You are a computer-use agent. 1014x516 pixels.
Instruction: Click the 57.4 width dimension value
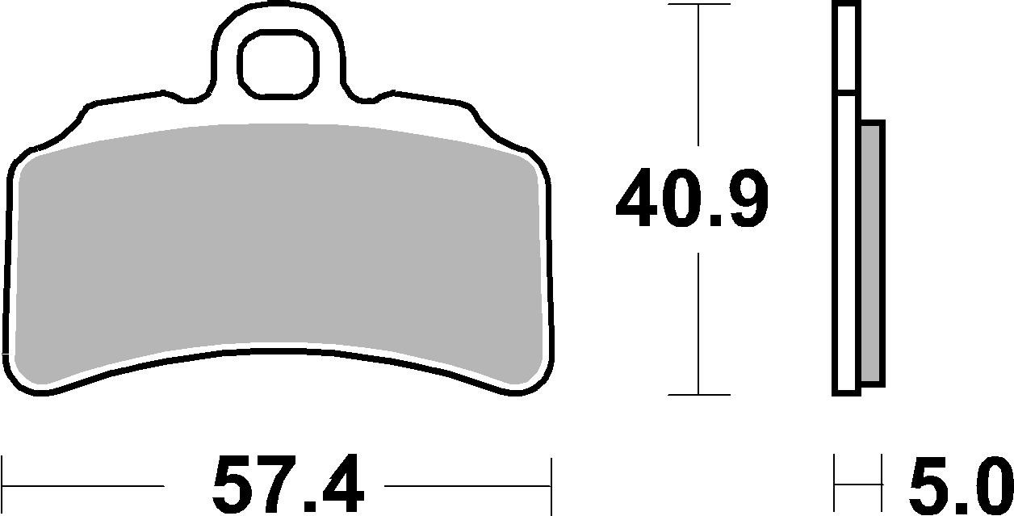pyautogui.click(x=288, y=486)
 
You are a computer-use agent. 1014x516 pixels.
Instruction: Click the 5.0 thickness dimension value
pyautogui.click(x=960, y=486)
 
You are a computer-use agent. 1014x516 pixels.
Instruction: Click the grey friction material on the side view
pyautogui.click(x=873, y=251)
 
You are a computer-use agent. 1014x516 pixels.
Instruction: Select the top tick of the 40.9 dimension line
pyautogui.click(x=698, y=5)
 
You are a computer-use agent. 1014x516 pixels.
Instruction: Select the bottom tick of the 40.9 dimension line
pyautogui.click(x=698, y=395)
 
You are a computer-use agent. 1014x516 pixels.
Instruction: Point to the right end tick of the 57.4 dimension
pyautogui.click(x=551, y=485)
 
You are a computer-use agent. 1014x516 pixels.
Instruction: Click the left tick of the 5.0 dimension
pyautogui.click(x=836, y=485)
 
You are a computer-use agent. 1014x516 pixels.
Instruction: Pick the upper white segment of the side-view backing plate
pyautogui.click(x=845, y=47)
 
